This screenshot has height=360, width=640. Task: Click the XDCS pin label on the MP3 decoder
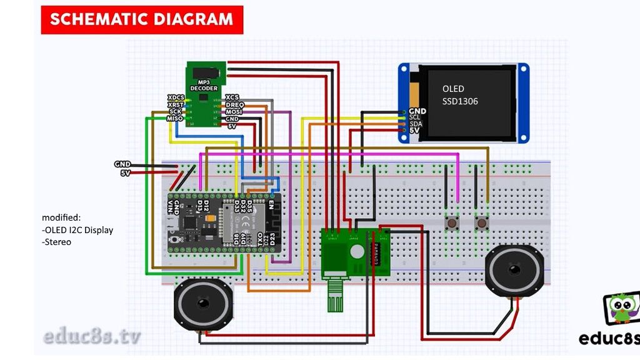click(176, 97)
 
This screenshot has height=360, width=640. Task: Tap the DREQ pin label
click(234, 104)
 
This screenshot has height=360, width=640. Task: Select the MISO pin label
click(175, 118)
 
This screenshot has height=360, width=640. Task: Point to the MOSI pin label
click(234, 111)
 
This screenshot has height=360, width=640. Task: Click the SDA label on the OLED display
click(416, 124)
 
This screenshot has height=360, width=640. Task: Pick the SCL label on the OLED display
click(415, 117)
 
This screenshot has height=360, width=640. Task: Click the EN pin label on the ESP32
click(271, 204)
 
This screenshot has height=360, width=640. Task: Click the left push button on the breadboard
click(450, 222)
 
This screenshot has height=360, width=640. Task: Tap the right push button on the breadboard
click(482, 222)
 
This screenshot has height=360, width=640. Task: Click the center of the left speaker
click(203, 304)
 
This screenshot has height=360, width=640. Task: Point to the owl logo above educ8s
click(621, 309)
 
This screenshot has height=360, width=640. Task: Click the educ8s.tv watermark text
click(92, 336)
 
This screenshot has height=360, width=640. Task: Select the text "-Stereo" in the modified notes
click(56, 242)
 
